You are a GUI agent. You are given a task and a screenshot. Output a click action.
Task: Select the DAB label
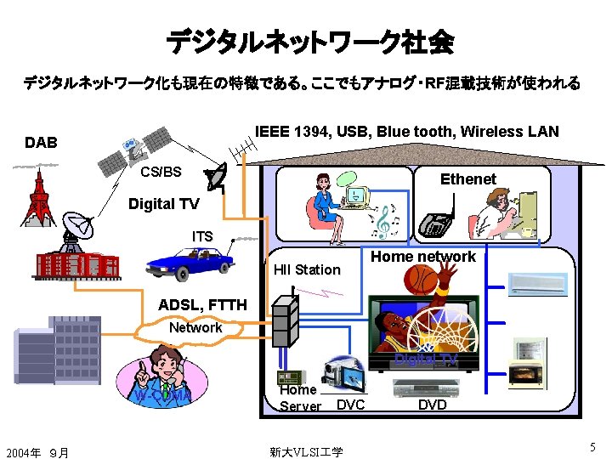coord(41,142)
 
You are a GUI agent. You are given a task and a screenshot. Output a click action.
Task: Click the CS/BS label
coord(161,172)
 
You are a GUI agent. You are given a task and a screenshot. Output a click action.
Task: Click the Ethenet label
coord(467,179)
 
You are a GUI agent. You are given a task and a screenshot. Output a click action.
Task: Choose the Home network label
coord(423,257)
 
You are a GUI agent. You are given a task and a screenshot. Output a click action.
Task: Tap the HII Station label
coord(306,269)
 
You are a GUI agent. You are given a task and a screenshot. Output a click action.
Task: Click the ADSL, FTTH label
coord(202,305)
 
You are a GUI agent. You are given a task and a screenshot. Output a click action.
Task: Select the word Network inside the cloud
coord(195,327)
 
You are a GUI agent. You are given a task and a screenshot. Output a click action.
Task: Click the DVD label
coord(432,405)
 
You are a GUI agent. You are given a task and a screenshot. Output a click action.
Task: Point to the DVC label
coord(350,405)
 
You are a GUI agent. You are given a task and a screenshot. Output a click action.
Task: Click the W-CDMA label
coord(161,395)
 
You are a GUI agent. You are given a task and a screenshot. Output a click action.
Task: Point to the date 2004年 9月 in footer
coord(37,451)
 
